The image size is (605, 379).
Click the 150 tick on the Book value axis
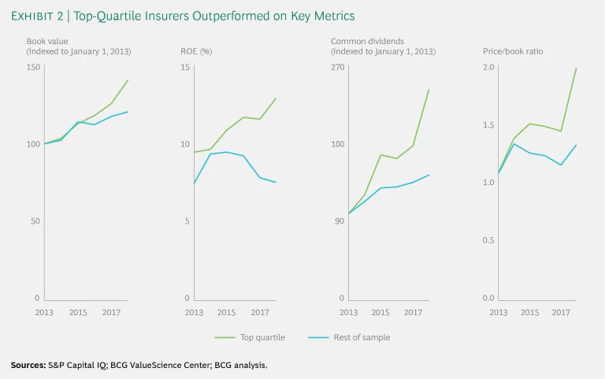click(x=32, y=67)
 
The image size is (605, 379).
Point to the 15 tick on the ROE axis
click(x=186, y=67)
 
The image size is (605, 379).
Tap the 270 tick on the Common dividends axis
click(x=338, y=67)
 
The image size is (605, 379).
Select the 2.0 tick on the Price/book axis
click(x=488, y=67)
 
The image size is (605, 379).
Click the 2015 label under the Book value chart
click(x=77, y=313)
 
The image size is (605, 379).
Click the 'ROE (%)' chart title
click(x=196, y=51)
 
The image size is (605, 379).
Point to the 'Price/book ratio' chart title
click(x=513, y=51)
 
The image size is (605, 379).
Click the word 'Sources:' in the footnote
click(x=28, y=365)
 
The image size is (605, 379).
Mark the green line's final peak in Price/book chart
click(x=577, y=68)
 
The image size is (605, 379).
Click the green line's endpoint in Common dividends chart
click(x=429, y=89)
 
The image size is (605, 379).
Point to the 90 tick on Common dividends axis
click(x=340, y=221)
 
